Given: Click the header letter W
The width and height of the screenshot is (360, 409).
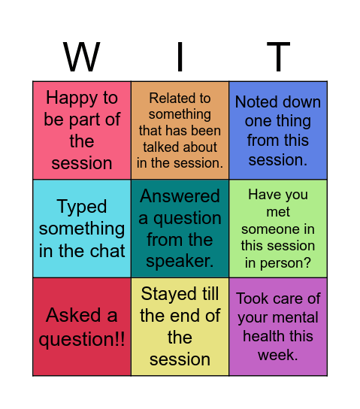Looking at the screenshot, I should click(82, 57).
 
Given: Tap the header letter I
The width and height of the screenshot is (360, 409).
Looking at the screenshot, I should click(180, 57).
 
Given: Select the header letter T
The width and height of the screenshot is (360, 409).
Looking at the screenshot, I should click(278, 57).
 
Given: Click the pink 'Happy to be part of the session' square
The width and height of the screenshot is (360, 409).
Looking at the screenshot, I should click(82, 130).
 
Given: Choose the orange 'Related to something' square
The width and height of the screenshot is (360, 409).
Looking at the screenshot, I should click(180, 130).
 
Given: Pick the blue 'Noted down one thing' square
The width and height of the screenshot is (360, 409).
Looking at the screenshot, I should click(278, 130).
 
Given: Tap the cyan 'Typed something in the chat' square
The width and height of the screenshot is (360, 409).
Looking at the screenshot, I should click(82, 228).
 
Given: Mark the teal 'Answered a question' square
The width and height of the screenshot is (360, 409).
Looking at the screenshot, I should click(180, 228).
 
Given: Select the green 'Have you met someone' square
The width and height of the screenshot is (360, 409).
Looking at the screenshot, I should click(278, 228).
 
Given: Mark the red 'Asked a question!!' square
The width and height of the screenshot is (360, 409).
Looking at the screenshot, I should click(82, 326).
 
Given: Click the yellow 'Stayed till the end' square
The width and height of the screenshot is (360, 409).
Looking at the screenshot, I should click(180, 326).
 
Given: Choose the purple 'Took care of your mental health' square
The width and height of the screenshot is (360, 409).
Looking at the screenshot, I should click(278, 326).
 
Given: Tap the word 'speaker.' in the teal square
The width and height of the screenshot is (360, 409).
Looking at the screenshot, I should click(180, 262).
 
